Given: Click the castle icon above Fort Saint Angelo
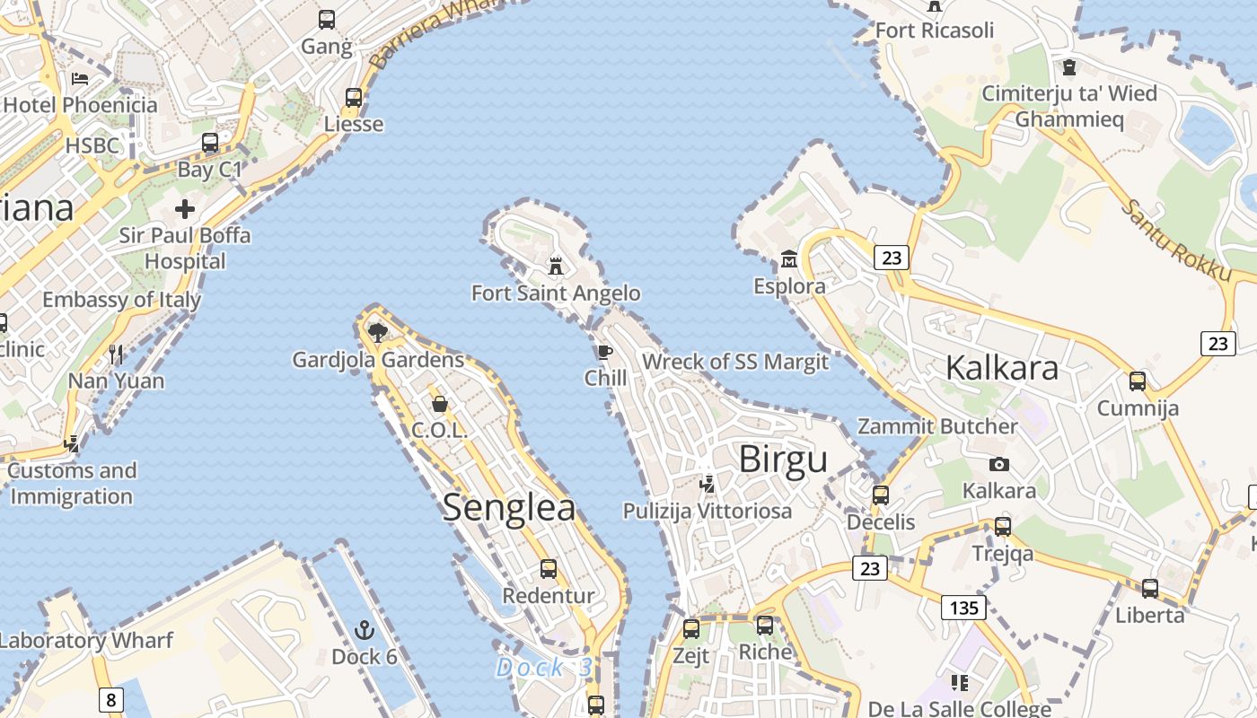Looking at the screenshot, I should pyautogui.click(x=557, y=266).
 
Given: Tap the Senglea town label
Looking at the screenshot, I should pyautogui.click(x=509, y=507).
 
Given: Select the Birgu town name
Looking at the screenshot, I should pyautogui.click(x=783, y=460).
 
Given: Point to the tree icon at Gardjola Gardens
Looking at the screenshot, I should pyautogui.click(x=378, y=333).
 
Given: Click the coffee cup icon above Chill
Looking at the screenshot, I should pyautogui.click(x=604, y=351).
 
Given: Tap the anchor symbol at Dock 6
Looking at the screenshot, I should pyautogui.click(x=364, y=629).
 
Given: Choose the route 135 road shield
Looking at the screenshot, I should pyautogui.click(x=964, y=608).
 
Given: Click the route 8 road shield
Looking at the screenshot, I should pyautogui.click(x=110, y=699).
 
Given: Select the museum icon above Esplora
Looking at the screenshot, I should pyautogui.click(x=789, y=259).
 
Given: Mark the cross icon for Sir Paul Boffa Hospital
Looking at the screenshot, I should pyautogui.click(x=185, y=209).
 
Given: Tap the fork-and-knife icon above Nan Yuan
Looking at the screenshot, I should pyautogui.click(x=116, y=354).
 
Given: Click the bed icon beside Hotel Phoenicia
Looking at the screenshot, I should pyautogui.click(x=80, y=78).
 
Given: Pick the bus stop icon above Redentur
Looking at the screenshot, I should pyautogui.click(x=548, y=568).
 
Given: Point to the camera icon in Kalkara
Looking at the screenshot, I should pyautogui.click(x=998, y=464).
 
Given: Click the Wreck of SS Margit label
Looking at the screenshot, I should pyautogui.click(x=735, y=362).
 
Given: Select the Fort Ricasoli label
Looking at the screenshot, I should pyautogui.click(x=935, y=31).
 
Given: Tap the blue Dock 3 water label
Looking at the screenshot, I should pyautogui.click(x=545, y=668).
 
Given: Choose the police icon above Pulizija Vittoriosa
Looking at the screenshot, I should pyautogui.click(x=708, y=484).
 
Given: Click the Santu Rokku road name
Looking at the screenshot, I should pyautogui.click(x=1176, y=240).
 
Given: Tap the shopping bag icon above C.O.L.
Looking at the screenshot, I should pyautogui.click(x=440, y=404).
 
